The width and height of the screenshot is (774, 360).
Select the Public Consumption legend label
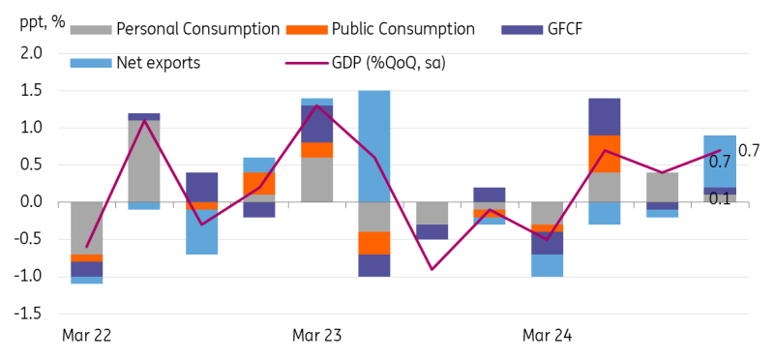[x=403, y=29]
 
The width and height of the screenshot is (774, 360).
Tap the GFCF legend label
[x=565, y=29]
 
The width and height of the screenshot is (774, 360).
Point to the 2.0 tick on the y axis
[x=30, y=53]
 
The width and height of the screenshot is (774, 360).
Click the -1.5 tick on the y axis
[x=28, y=314]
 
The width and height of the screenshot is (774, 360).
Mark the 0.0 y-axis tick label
[x=30, y=202]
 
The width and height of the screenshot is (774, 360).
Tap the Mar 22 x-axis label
[x=86, y=336]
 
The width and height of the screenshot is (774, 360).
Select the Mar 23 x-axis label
[x=316, y=336]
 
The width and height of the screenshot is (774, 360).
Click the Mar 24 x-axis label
[x=547, y=336]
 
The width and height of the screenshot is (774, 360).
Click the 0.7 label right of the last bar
[x=749, y=150]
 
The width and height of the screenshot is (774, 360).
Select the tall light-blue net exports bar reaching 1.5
[x=373, y=145]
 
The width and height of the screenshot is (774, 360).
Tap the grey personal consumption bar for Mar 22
[x=87, y=227]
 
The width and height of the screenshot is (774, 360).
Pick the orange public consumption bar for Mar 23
[x=316, y=149]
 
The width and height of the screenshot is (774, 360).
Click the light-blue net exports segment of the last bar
[x=719, y=161]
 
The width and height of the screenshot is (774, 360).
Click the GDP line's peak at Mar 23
[x=317, y=105]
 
